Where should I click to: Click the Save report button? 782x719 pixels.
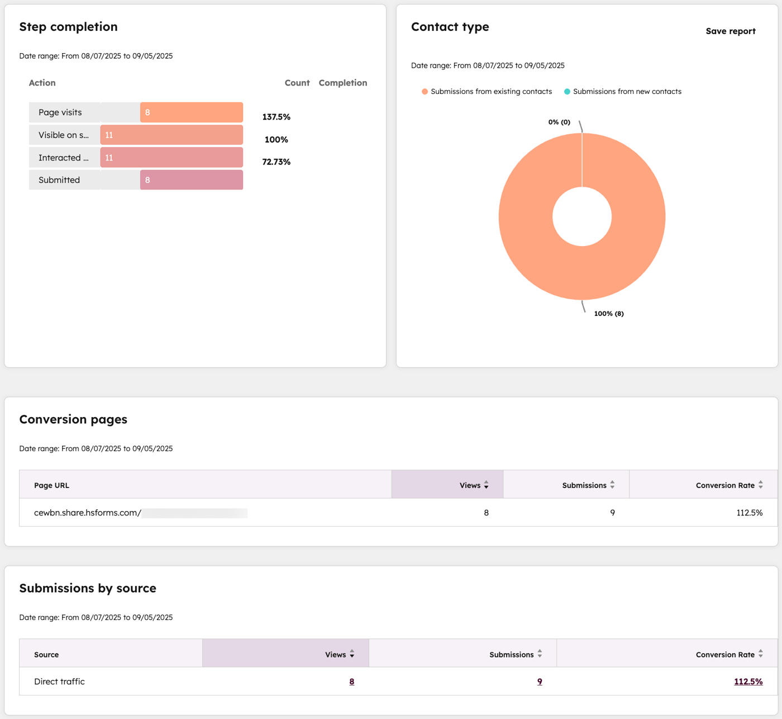point(730,31)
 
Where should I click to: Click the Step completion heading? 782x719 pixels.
point(68,27)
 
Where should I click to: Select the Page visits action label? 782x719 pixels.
point(60,112)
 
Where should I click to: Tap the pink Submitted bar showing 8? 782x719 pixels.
point(191,180)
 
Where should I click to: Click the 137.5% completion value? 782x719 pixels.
point(276,117)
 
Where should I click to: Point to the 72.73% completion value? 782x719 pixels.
point(276,162)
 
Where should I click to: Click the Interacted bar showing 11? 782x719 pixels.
point(171,158)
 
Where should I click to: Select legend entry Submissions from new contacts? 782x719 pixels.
point(627,92)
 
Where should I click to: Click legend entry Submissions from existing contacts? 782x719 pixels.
point(490,92)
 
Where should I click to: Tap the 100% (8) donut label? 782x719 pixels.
point(608,314)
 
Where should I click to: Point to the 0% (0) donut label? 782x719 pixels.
point(559,122)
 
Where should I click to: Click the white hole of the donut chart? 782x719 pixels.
point(582,217)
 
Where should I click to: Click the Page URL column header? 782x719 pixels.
point(51,485)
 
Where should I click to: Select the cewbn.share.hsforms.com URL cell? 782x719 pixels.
point(88,513)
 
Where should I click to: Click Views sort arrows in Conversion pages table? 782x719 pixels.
point(486,485)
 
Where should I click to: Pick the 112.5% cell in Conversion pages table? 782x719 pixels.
point(749,513)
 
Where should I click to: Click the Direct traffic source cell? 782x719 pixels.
point(59,682)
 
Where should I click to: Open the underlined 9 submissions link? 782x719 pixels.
point(540,682)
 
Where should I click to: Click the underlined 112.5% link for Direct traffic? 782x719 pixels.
point(748,682)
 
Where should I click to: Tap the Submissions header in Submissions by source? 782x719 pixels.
point(512,655)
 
